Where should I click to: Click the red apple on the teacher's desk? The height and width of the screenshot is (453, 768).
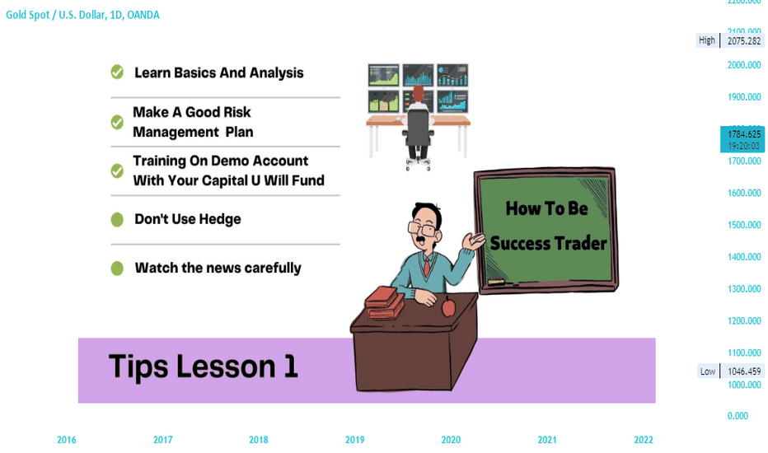pyautogui.click(x=448, y=307)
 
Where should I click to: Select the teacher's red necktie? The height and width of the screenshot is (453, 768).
pyautogui.click(x=427, y=268)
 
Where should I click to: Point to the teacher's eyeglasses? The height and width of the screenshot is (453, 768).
pyautogui.click(x=422, y=229)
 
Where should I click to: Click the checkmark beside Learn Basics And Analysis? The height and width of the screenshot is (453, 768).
pyautogui.click(x=117, y=72)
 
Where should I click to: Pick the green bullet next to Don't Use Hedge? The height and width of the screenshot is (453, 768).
pyautogui.click(x=117, y=219)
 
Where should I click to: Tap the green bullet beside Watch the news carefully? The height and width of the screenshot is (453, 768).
pyautogui.click(x=117, y=269)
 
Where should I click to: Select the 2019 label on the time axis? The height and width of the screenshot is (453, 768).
pyautogui.click(x=354, y=440)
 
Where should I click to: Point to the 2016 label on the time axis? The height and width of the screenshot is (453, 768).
pyautogui.click(x=66, y=440)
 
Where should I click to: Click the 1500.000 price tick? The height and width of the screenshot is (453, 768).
pyautogui.click(x=744, y=225)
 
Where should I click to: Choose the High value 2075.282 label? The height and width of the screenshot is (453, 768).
pyautogui.click(x=744, y=40)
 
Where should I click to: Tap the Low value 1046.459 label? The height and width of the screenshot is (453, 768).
pyautogui.click(x=744, y=371)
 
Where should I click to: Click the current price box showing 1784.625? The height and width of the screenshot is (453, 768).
pyautogui.click(x=742, y=139)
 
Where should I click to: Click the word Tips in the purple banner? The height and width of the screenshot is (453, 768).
pyautogui.click(x=138, y=367)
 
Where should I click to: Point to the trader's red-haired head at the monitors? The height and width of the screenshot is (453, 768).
pyautogui.click(x=419, y=93)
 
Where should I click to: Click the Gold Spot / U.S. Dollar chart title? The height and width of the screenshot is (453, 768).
pyautogui.click(x=82, y=15)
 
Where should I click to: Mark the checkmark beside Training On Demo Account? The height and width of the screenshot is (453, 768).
pyautogui.click(x=117, y=170)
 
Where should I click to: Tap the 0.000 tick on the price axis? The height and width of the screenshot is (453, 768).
pyautogui.click(x=738, y=416)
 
